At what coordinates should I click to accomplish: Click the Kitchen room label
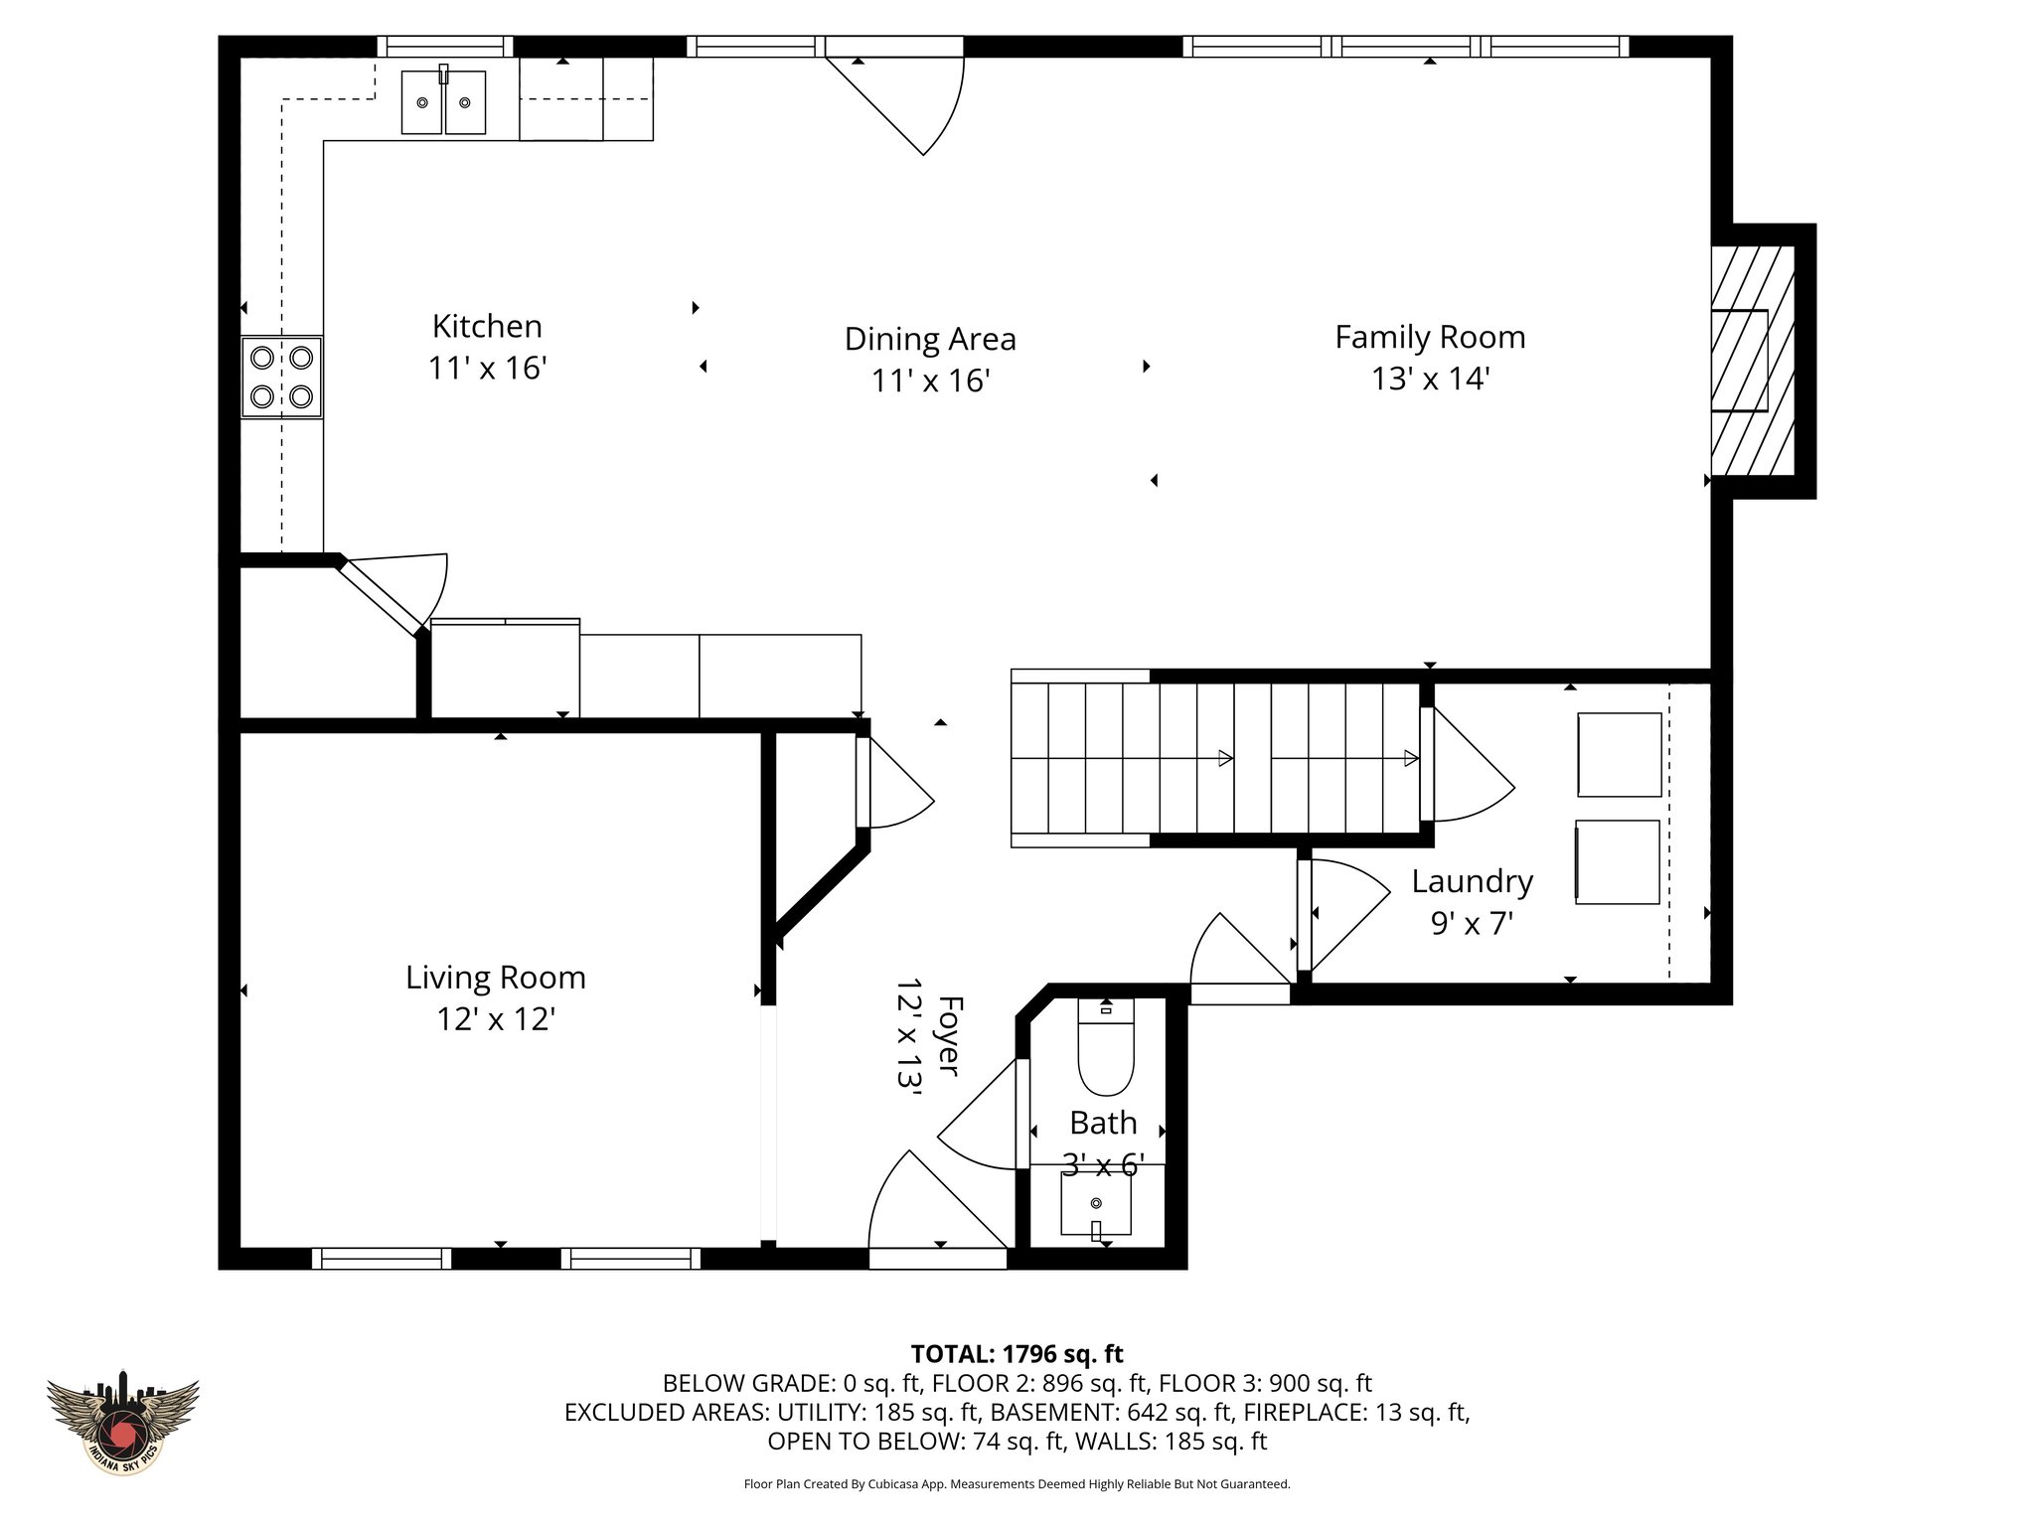pyautogui.click(x=487, y=326)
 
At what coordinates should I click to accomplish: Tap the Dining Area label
pyautogui.click(x=930, y=339)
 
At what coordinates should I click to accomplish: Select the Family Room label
pyautogui.click(x=1430, y=338)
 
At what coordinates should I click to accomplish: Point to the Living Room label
pyautogui.click(x=496, y=978)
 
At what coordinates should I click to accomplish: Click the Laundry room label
pyautogui.click(x=1472, y=882)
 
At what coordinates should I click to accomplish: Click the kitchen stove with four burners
pyautogui.click(x=282, y=377)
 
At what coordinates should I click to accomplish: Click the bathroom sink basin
pyautogui.click(x=1096, y=1205)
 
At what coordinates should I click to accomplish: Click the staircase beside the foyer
pyautogui.click(x=1215, y=758)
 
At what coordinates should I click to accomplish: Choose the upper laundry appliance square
pyautogui.click(x=1620, y=755)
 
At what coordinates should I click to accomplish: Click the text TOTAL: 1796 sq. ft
pyautogui.click(x=1017, y=1354)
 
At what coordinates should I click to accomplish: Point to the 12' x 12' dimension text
pyautogui.click(x=496, y=1019)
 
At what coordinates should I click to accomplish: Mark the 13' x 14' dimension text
pyautogui.click(x=1430, y=380)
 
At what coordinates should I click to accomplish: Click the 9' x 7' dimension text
pyautogui.click(x=1472, y=924)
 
